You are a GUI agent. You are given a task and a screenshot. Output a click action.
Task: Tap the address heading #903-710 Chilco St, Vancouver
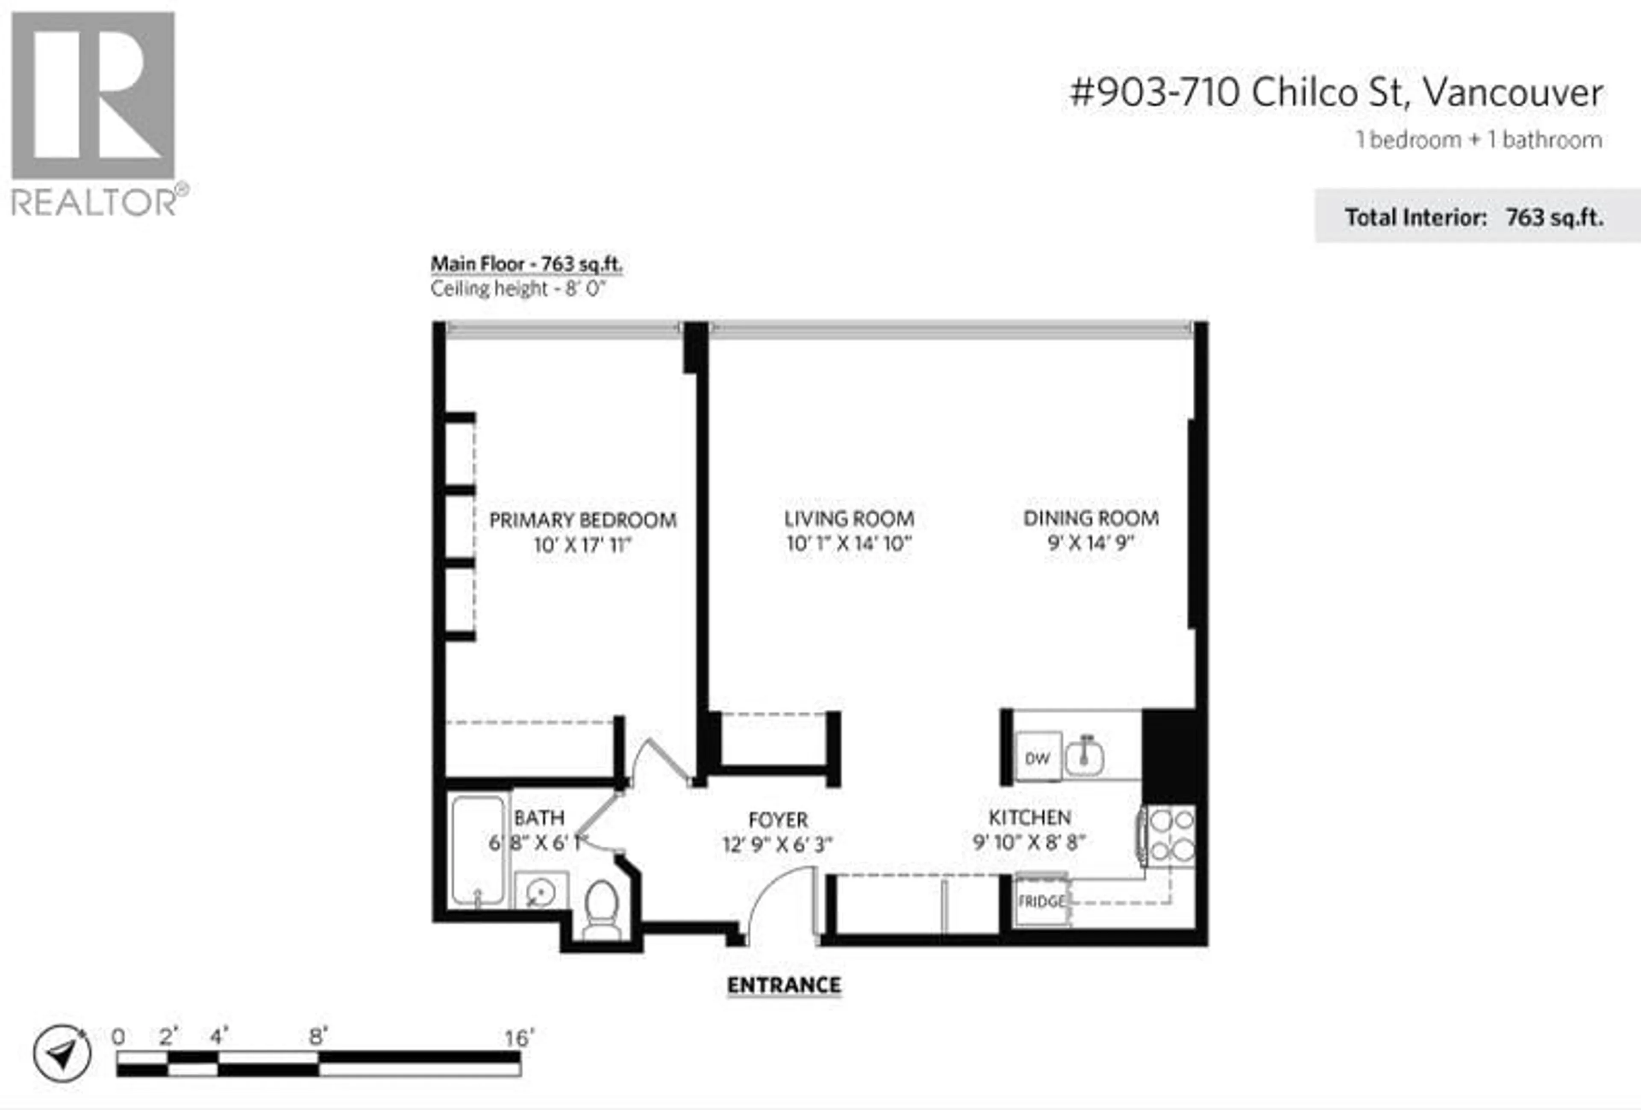tap(1336, 92)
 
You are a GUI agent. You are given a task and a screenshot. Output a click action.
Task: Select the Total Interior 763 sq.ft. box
tap(1477, 216)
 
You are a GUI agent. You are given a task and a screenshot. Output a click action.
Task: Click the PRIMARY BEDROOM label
tap(582, 520)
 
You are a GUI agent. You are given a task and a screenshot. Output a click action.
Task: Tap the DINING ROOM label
tap(1091, 518)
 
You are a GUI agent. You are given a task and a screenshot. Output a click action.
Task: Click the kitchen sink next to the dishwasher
tap(1085, 756)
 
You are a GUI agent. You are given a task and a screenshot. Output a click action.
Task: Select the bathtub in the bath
tap(478, 849)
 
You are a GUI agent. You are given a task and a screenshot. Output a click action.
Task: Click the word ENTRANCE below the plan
tap(784, 986)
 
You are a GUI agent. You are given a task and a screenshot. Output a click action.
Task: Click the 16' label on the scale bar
tap(520, 1038)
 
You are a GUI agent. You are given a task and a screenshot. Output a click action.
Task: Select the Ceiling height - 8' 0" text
tap(518, 289)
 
